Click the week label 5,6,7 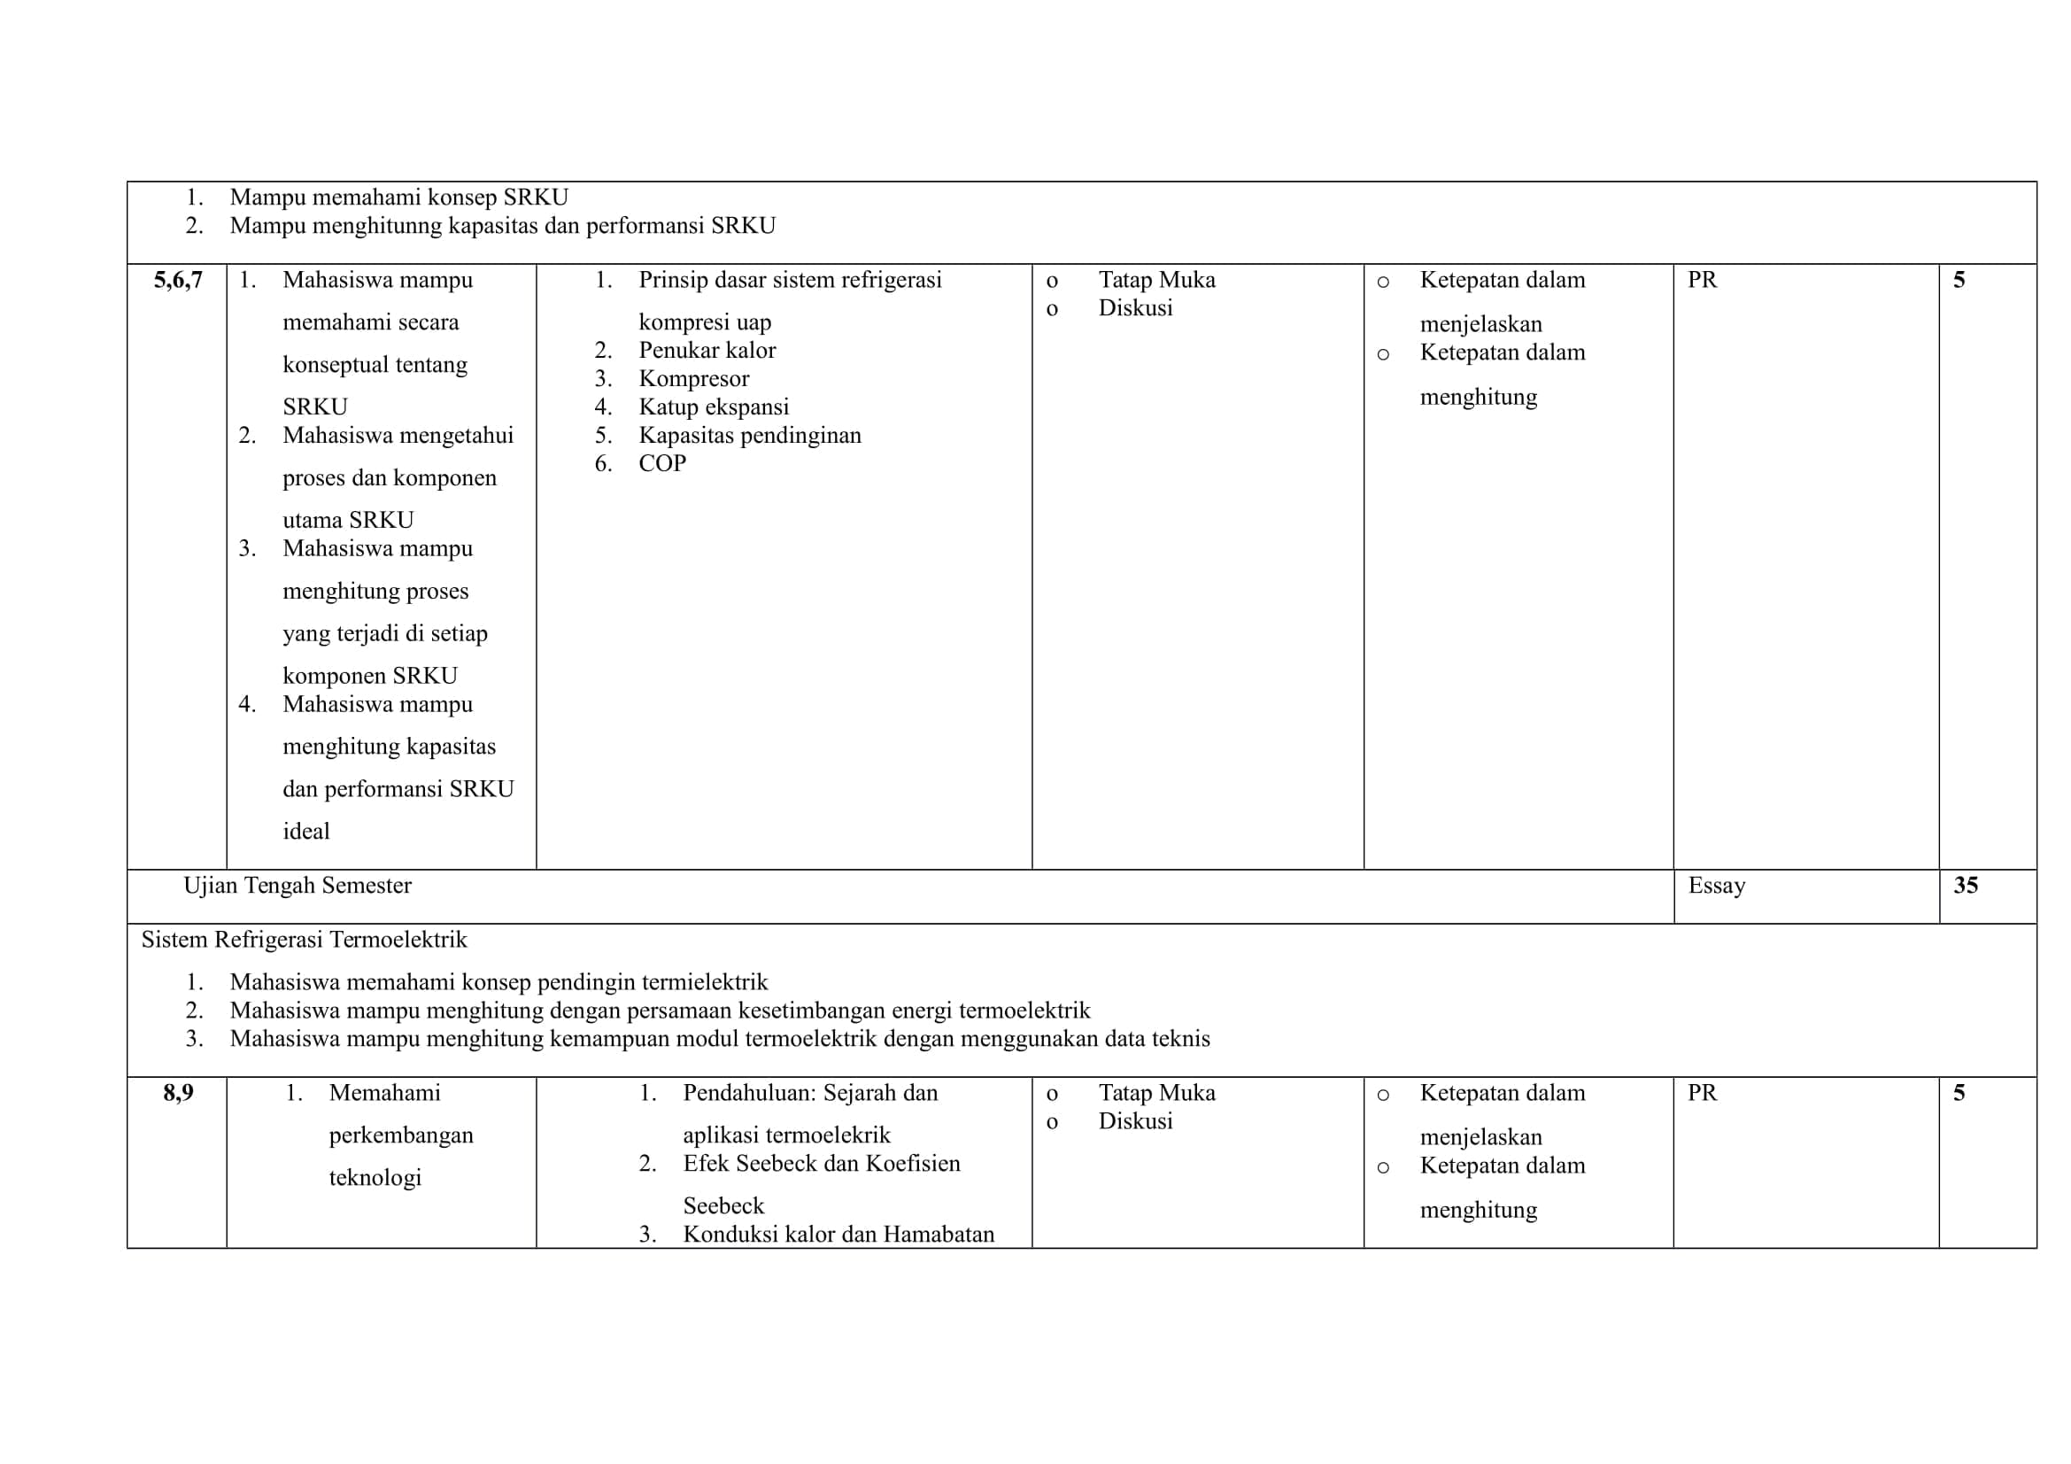click(x=178, y=281)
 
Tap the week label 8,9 click(x=178, y=1093)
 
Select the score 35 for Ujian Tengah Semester click(x=1966, y=885)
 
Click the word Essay click(x=1716, y=886)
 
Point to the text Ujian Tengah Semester click(x=297, y=886)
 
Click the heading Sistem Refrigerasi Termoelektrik click(x=304, y=940)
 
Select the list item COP click(x=662, y=464)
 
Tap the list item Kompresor click(x=692, y=379)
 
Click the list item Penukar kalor click(x=707, y=350)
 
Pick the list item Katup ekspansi click(x=714, y=407)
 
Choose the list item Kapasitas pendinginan click(x=750, y=436)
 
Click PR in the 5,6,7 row click(x=1702, y=281)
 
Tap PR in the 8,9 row click(x=1702, y=1093)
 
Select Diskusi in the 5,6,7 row click(x=1135, y=308)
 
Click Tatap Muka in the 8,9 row click(x=1156, y=1093)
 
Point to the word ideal click(x=305, y=832)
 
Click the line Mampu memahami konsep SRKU click(x=398, y=198)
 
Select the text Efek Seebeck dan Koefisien click(x=821, y=1164)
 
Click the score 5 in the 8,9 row click(x=1959, y=1093)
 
